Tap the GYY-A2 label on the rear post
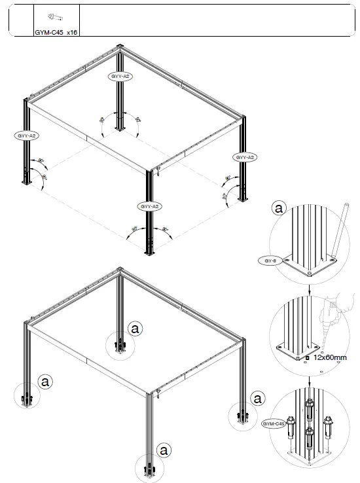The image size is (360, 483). [120, 77]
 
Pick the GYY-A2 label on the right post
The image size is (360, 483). [245, 158]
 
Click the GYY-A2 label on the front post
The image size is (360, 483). [150, 206]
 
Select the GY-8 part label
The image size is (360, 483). [269, 260]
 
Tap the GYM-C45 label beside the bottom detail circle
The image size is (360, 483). [274, 424]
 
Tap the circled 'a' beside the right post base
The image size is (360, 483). [259, 398]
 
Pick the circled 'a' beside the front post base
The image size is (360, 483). [164, 450]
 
